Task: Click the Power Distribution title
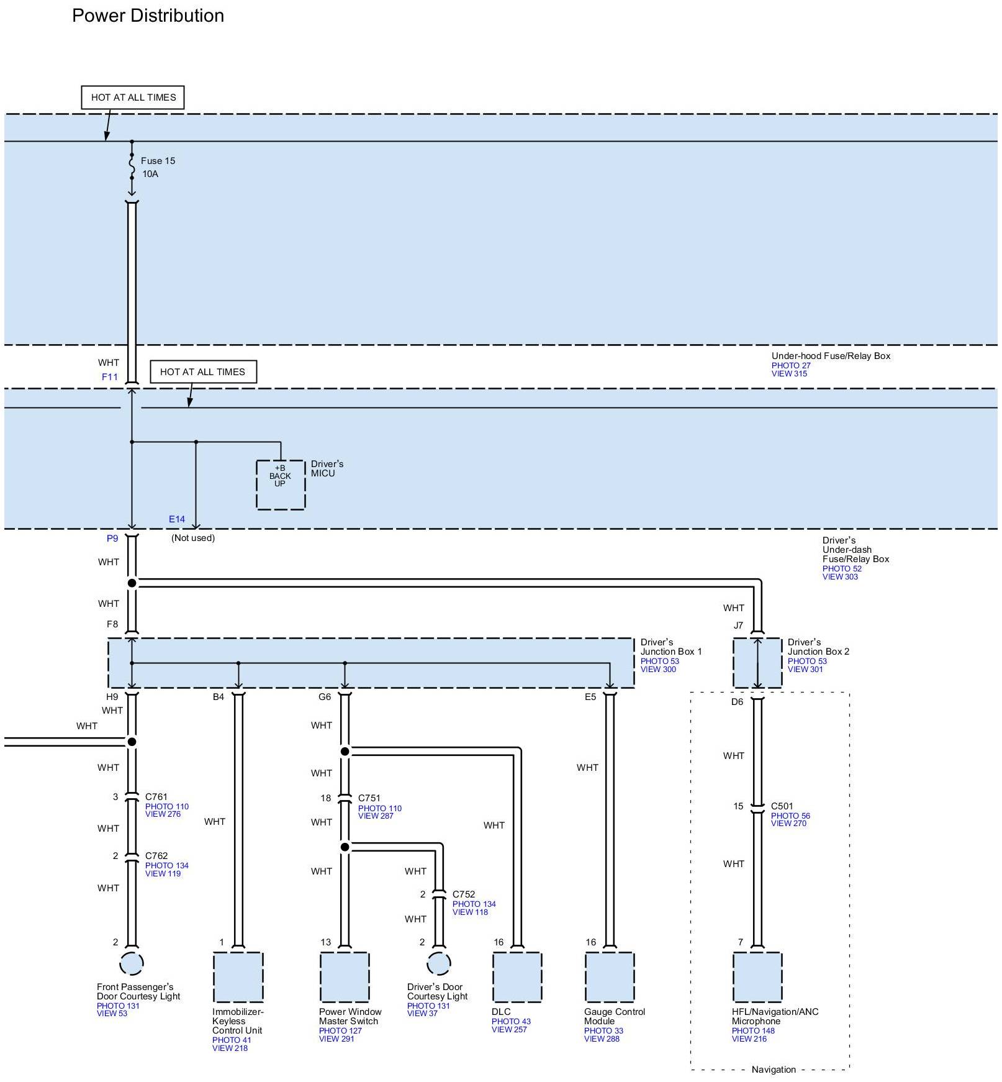tap(148, 16)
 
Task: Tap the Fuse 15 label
tap(158, 161)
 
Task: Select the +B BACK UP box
tap(281, 484)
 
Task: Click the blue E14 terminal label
tap(177, 519)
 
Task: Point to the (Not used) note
tap(193, 538)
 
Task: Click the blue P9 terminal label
tap(112, 539)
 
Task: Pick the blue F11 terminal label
tap(110, 377)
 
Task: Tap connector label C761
tap(156, 797)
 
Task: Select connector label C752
tap(464, 894)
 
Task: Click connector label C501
tap(782, 806)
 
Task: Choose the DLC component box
tap(517, 977)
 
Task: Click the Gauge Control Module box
tap(610, 977)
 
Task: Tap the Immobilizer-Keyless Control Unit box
tap(238, 977)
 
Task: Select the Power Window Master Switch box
tap(345, 977)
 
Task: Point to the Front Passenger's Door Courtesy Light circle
tap(132, 964)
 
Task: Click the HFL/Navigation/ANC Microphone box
tap(757, 977)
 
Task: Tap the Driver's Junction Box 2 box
tap(757, 663)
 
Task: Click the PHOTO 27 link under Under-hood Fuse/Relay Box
tap(791, 365)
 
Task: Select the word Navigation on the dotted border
tap(774, 1070)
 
